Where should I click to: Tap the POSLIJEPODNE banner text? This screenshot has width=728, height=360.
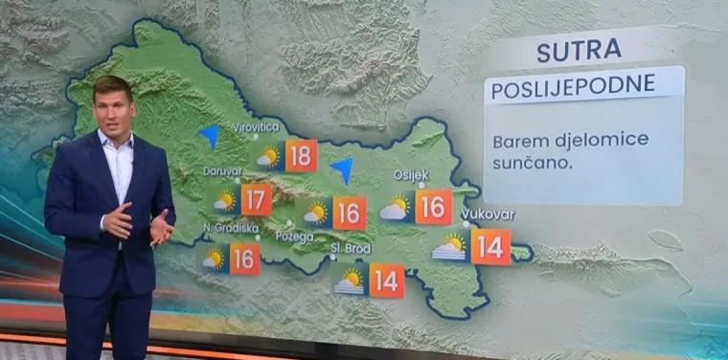click(x=573, y=85)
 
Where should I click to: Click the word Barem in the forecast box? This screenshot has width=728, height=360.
click(x=516, y=141)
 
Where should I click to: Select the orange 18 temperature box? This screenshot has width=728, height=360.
click(x=301, y=155)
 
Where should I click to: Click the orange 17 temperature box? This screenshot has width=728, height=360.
click(x=256, y=200)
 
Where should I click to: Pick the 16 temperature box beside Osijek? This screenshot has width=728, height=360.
click(x=434, y=207)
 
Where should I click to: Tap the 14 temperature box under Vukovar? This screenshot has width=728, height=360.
click(x=490, y=247)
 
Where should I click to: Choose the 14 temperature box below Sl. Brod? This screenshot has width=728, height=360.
click(x=386, y=281)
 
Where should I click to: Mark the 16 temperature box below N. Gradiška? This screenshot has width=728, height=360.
click(x=244, y=259)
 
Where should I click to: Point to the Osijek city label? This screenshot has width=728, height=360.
click(x=411, y=174)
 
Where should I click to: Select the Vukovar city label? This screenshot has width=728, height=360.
click(x=488, y=214)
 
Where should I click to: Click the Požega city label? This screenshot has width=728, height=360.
click(x=294, y=235)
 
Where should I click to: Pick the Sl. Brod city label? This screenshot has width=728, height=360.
click(x=350, y=248)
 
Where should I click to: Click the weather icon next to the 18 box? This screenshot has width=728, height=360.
click(x=269, y=156)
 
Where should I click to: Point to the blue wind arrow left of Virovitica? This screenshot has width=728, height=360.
click(x=209, y=135)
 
